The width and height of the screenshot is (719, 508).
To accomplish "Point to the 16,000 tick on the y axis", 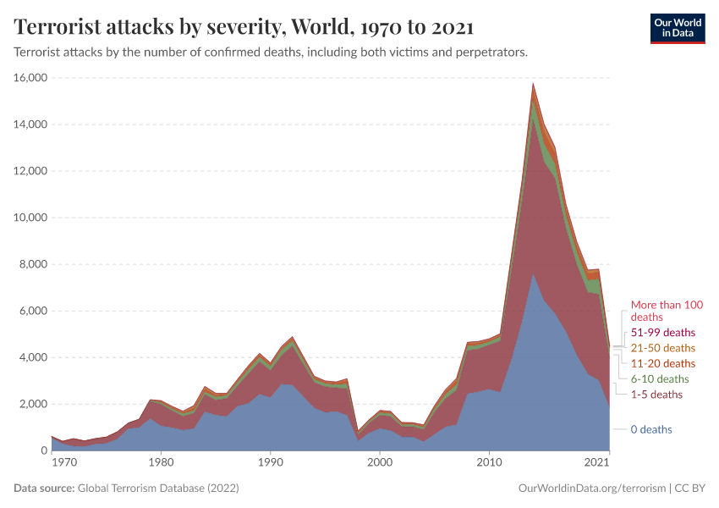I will pos(31,78).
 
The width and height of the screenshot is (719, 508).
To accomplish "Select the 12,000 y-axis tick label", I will pos(31,171).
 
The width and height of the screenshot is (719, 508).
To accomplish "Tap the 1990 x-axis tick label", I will pos(270,462).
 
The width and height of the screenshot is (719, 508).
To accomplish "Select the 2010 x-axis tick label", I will pos(489,462).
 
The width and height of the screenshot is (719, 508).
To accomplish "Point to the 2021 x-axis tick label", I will pos(597,462).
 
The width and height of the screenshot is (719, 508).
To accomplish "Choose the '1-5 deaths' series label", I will pos(656,395).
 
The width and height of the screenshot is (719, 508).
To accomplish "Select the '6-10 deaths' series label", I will pos(660,379).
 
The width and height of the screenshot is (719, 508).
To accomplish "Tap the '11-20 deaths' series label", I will pos(663,363).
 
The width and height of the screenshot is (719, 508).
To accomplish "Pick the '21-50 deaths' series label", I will pos(663,348).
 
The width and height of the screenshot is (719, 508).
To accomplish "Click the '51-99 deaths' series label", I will pos(663,332).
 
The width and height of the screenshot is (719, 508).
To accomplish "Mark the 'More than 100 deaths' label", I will pos(667,311).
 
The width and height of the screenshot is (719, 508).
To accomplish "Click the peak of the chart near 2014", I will pos(533,84).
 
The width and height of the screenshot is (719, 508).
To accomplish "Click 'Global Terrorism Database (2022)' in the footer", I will pos(157,489).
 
